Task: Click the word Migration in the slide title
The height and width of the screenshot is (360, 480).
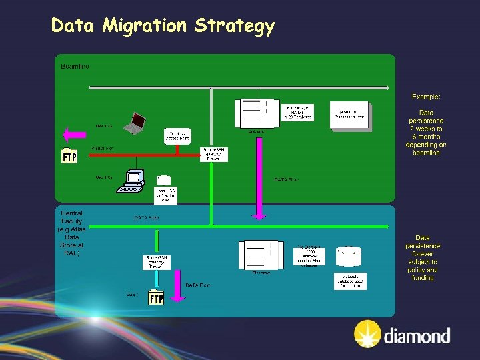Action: coord(145,26)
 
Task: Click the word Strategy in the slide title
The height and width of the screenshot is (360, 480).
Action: coord(235,27)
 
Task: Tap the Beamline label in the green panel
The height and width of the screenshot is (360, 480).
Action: coord(75,67)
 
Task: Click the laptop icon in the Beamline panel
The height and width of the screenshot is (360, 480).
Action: coord(137,122)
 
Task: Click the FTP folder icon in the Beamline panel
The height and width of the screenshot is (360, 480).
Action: coord(69,155)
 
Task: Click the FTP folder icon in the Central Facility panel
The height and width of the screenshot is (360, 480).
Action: coord(155,297)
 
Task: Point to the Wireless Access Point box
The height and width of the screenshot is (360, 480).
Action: coord(177,136)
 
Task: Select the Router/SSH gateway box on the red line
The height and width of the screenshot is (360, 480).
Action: coord(215,153)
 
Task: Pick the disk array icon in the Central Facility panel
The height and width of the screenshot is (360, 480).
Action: coord(261,255)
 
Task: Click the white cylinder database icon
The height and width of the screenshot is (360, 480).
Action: coord(349,255)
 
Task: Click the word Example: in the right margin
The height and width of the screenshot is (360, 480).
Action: coord(426,97)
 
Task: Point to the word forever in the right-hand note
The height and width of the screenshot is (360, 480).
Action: coord(423,254)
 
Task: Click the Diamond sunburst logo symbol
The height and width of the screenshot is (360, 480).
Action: coord(367,334)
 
